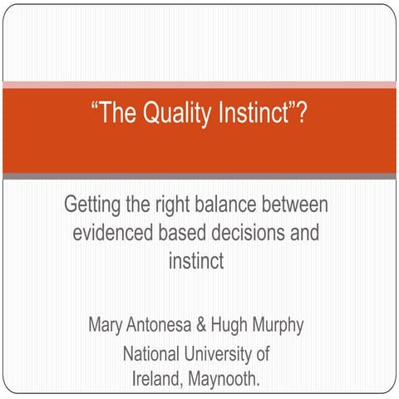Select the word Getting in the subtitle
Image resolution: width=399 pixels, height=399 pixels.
click(x=91, y=205)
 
